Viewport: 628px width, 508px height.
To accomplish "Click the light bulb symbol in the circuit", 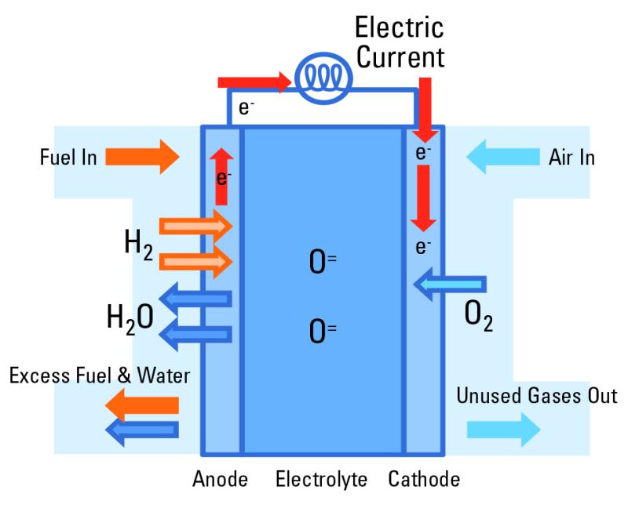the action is tap(323, 78).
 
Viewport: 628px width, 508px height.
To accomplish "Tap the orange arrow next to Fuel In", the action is tap(142, 157).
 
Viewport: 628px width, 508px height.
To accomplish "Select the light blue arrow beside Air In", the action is tap(503, 157).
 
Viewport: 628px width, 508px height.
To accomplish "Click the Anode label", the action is tap(220, 479).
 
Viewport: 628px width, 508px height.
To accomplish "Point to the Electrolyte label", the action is tap(321, 480).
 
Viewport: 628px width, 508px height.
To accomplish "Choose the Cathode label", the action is tap(424, 479).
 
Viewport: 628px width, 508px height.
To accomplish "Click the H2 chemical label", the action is tap(139, 245).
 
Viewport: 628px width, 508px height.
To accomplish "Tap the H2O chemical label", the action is tap(130, 319).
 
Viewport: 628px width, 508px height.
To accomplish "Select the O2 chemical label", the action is tap(478, 316).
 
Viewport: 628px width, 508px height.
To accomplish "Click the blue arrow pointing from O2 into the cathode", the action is tap(449, 284).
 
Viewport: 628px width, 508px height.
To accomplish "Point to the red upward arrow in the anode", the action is tap(221, 176).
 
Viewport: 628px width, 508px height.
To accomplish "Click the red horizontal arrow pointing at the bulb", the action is tap(254, 82).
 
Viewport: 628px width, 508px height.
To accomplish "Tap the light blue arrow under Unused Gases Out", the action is tap(503, 430).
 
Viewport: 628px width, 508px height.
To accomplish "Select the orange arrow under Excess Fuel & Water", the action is tap(142, 405).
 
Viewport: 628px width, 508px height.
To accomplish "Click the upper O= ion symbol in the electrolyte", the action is tap(323, 262).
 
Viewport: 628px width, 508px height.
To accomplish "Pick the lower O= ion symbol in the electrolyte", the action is tap(323, 332).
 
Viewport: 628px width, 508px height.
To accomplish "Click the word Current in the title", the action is tap(400, 57).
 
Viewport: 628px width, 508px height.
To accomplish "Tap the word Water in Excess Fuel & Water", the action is tap(163, 376).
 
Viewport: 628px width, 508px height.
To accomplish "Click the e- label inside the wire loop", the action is tap(246, 107).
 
